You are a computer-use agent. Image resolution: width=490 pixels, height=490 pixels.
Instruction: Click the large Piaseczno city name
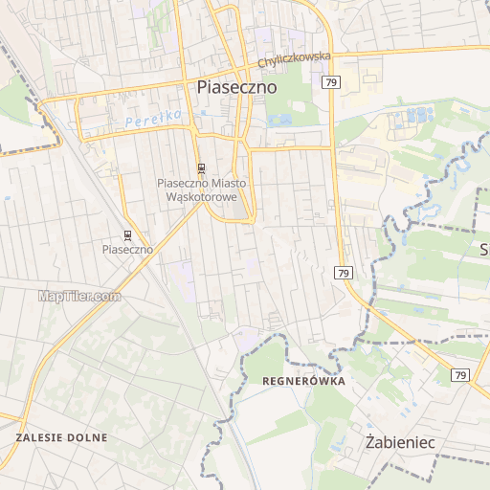tap(236, 86)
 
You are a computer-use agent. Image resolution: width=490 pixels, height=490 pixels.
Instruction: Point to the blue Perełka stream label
tap(140, 119)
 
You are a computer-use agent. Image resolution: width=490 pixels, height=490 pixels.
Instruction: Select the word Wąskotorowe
tap(201, 196)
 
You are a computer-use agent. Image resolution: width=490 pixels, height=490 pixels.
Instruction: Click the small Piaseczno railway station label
tap(128, 249)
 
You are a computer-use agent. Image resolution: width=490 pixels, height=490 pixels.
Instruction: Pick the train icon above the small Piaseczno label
tap(128, 234)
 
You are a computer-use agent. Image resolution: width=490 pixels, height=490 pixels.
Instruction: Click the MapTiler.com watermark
tap(79, 296)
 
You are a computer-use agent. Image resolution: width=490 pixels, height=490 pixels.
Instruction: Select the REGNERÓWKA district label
tap(302, 381)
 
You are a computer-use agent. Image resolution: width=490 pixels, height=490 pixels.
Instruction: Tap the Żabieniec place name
tap(400, 442)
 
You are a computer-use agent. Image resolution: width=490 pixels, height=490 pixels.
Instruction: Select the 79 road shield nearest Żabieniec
tap(461, 374)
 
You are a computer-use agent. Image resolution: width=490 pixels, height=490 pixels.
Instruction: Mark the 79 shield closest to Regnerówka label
tap(344, 273)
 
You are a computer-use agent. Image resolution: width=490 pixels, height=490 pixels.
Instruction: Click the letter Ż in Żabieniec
tap(371, 441)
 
